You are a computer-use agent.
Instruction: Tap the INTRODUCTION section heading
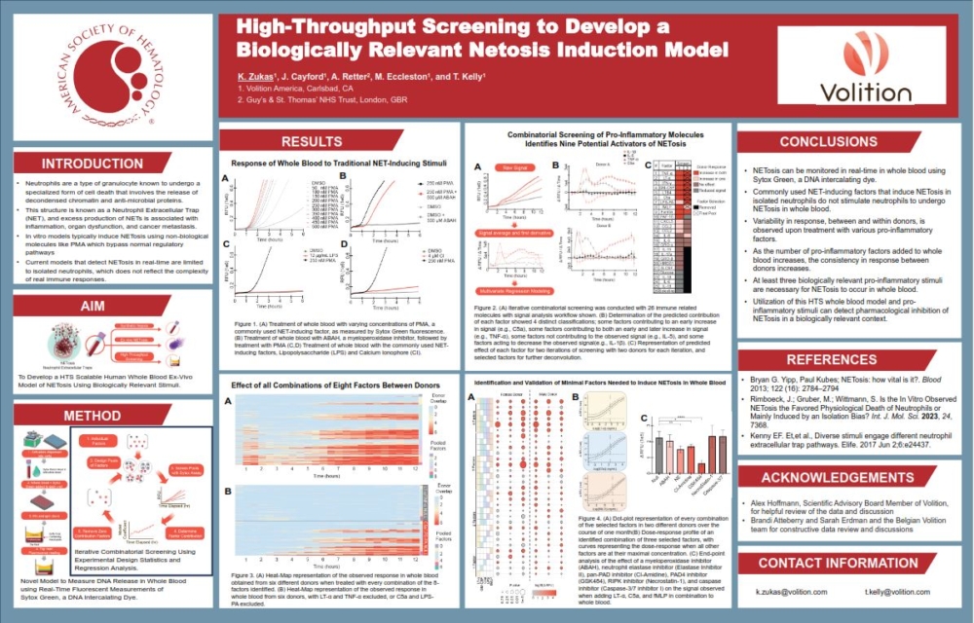(107, 163)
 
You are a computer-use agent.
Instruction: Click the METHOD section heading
(107, 416)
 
